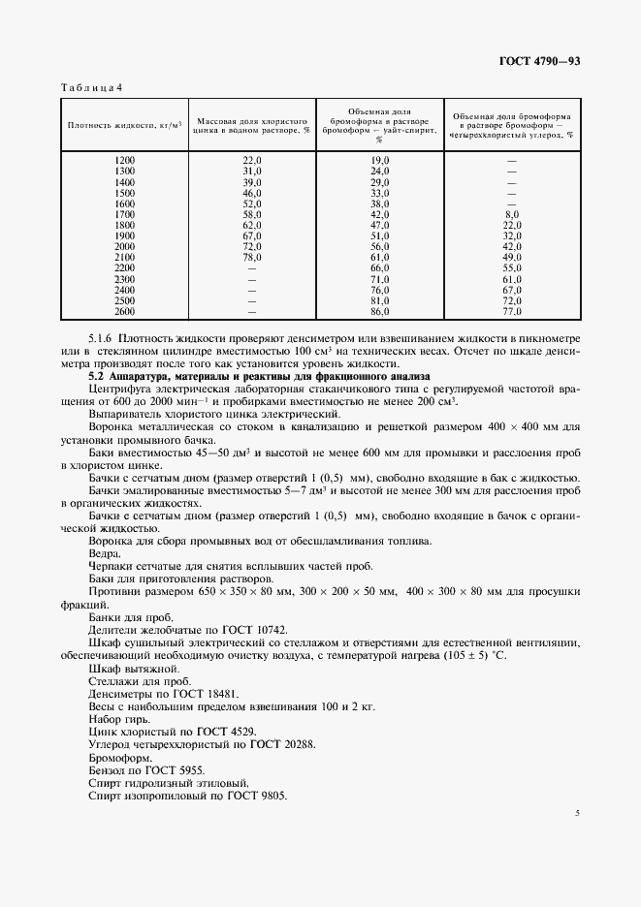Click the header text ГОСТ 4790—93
(539, 62)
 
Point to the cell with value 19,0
(379, 159)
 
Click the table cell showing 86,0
(379, 312)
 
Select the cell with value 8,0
(512, 213)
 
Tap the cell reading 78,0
(252, 257)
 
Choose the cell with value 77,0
(512, 312)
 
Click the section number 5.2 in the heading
(96, 374)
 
